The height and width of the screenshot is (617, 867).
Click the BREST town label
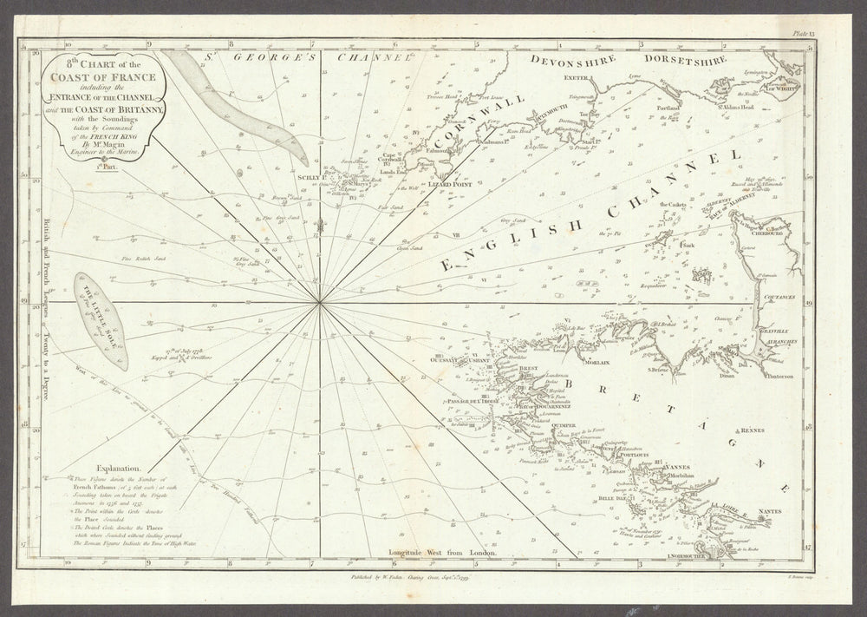pos(530,370)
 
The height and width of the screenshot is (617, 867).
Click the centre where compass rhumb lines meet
pos(320,302)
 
